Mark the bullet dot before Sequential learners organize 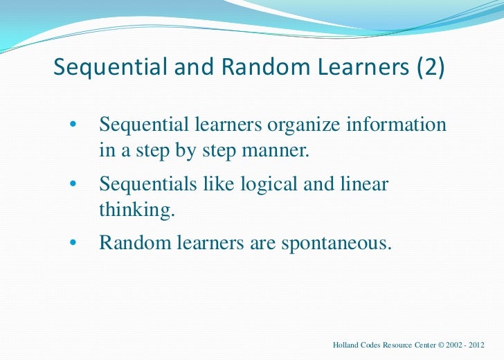tap(72, 126)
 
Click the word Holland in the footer tap(347, 344)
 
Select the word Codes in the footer tap(375, 344)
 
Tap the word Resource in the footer tap(404, 344)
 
